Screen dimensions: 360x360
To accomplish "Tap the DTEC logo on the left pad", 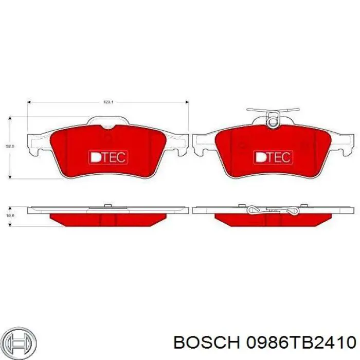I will [108, 157].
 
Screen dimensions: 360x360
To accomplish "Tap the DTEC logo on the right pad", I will [273, 157].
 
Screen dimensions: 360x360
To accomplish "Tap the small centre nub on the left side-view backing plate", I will [108, 207].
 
